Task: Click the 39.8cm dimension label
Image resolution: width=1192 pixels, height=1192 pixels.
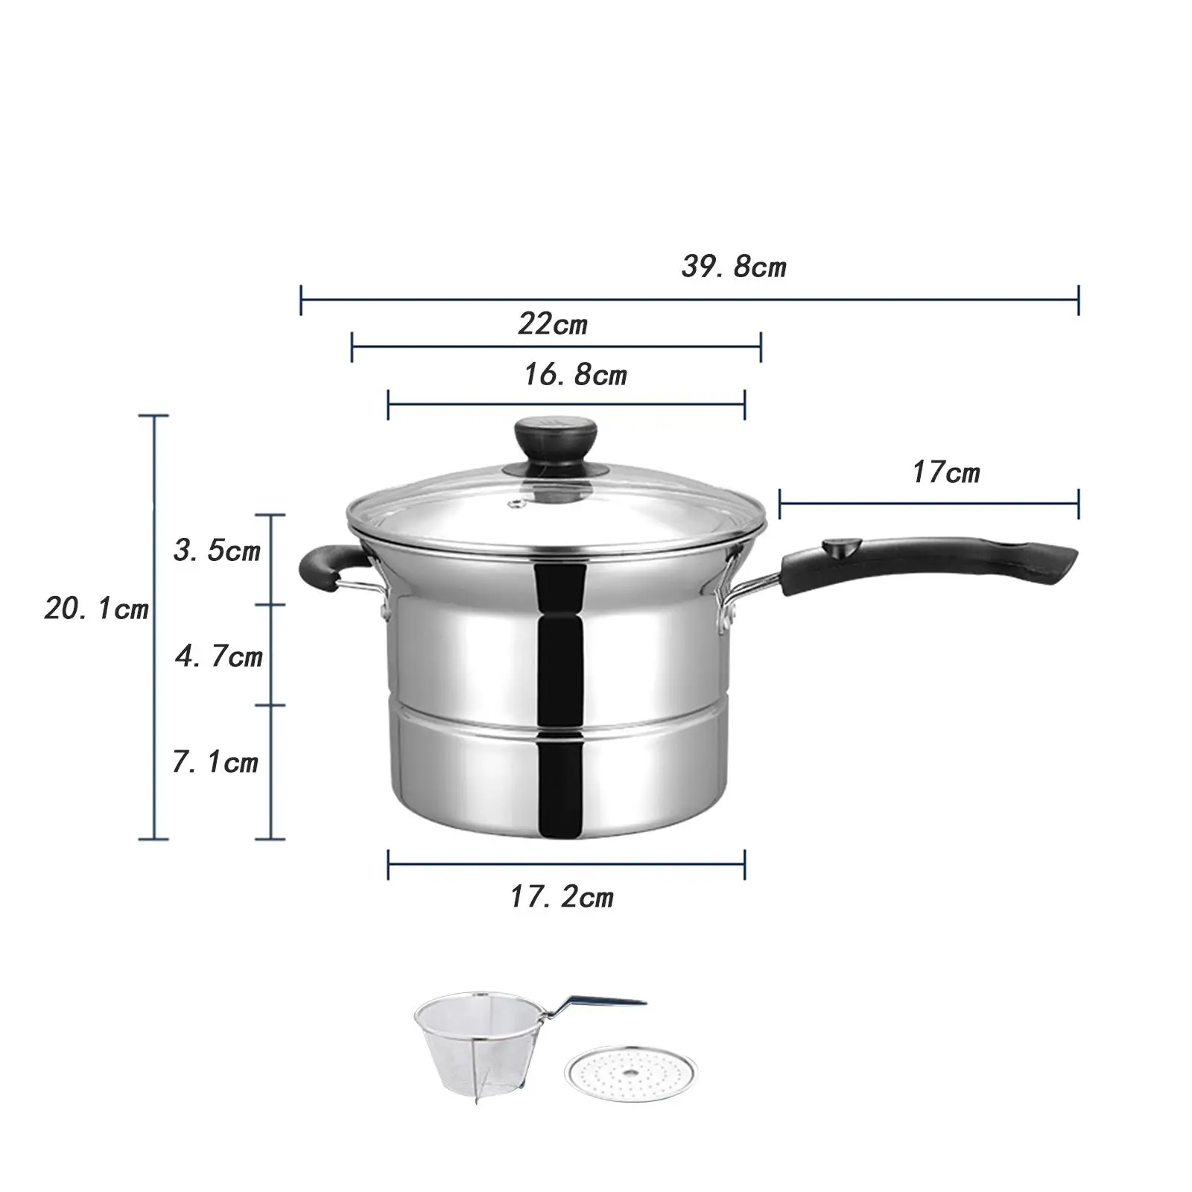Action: (x=733, y=266)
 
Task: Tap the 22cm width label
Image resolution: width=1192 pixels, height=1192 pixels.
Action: (x=552, y=324)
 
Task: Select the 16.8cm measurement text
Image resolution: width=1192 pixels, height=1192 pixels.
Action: (x=574, y=374)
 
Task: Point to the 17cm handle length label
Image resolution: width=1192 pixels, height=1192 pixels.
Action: (x=945, y=472)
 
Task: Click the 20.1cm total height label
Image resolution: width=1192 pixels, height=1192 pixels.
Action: (x=96, y=609)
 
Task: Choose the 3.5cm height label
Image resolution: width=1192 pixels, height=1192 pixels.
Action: (x=216, y=551)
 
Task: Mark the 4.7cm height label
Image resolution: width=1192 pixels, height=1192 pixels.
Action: (x=219, y=656)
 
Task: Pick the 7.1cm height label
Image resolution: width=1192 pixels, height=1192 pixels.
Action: (x=215, y=762)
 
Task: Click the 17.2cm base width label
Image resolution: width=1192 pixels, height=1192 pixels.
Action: (x=561, y=897)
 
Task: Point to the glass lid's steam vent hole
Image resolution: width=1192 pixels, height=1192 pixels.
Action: (x=514, y=506)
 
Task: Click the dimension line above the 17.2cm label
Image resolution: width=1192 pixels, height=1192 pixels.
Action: (x=566, y=864)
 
